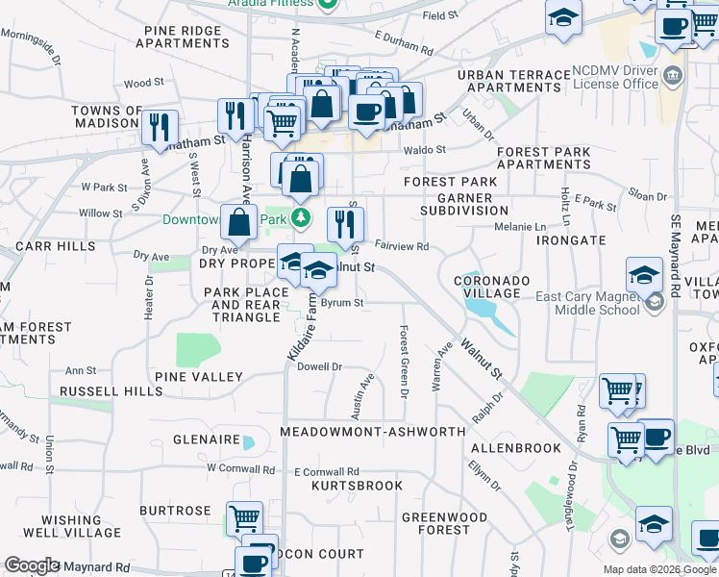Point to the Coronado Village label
[491, 287]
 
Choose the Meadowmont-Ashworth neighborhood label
[373, 433]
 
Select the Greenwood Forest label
[444, 523]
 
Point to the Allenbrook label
[516, 448]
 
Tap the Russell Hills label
[111, 391]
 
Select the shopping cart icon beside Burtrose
[245, 517]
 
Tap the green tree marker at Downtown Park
[302, 218]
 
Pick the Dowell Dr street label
[319, 366]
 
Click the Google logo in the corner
[32, 565]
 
